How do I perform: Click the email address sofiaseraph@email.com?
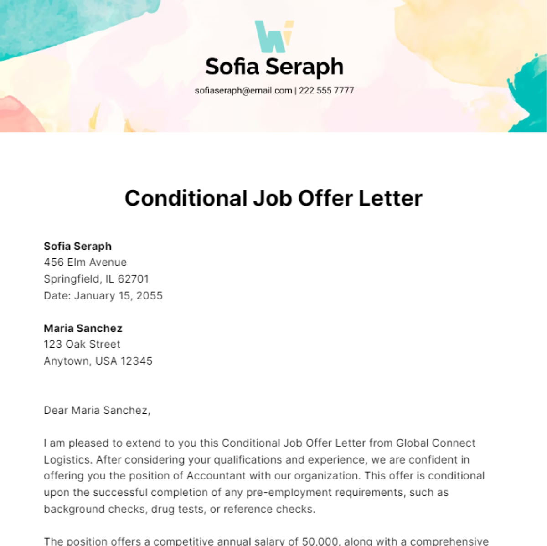(x=243, y=90)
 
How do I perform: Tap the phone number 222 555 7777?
(x=326, y=90)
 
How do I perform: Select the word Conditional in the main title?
(x=186, y=198)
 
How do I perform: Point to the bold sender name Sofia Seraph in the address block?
(x=77, y=246)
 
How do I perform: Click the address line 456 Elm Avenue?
(x=85, y=262)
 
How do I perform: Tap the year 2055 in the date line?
(x=150, y=295)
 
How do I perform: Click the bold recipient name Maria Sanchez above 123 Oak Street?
(x=83, y=328)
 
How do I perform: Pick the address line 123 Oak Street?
(x=82, y=344)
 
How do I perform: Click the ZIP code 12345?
(x=137, y=361)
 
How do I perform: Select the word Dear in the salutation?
(x=56, y=410)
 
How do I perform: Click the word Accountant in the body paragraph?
(x=215, y=476)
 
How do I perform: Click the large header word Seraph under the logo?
(x=304, y=67)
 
